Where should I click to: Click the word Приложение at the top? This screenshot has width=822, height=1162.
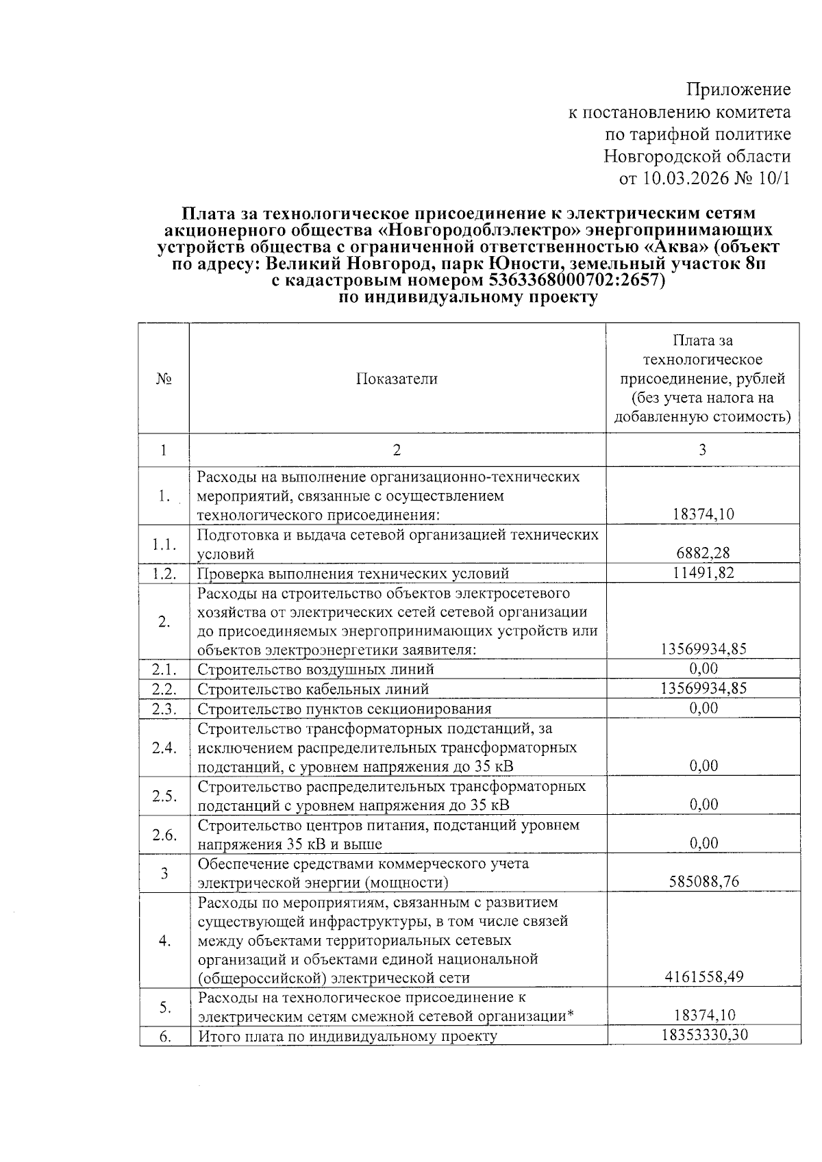point(738,90)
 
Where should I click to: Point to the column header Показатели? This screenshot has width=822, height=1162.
point(397,379)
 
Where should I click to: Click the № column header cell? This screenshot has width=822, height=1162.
point(164,379)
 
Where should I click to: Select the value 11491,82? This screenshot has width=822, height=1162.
point(703,572)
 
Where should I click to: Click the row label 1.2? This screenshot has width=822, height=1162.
point(164,573)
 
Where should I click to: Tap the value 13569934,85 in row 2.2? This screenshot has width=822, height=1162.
point(703,688)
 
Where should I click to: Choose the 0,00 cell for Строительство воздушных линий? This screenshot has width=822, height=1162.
point(703,668)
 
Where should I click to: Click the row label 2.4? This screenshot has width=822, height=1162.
point(164,747)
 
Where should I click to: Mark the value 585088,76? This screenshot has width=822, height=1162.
point(703,881)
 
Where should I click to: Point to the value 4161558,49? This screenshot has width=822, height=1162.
point(703,977)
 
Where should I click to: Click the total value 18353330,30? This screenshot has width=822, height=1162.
point(703,1035)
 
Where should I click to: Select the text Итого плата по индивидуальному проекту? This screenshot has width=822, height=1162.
point(347,1036)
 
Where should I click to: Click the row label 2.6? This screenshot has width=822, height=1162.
point(164,834)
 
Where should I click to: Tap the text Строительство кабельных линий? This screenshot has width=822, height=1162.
point(313,689)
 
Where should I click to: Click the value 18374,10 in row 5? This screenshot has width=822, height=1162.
point(703,1016)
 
